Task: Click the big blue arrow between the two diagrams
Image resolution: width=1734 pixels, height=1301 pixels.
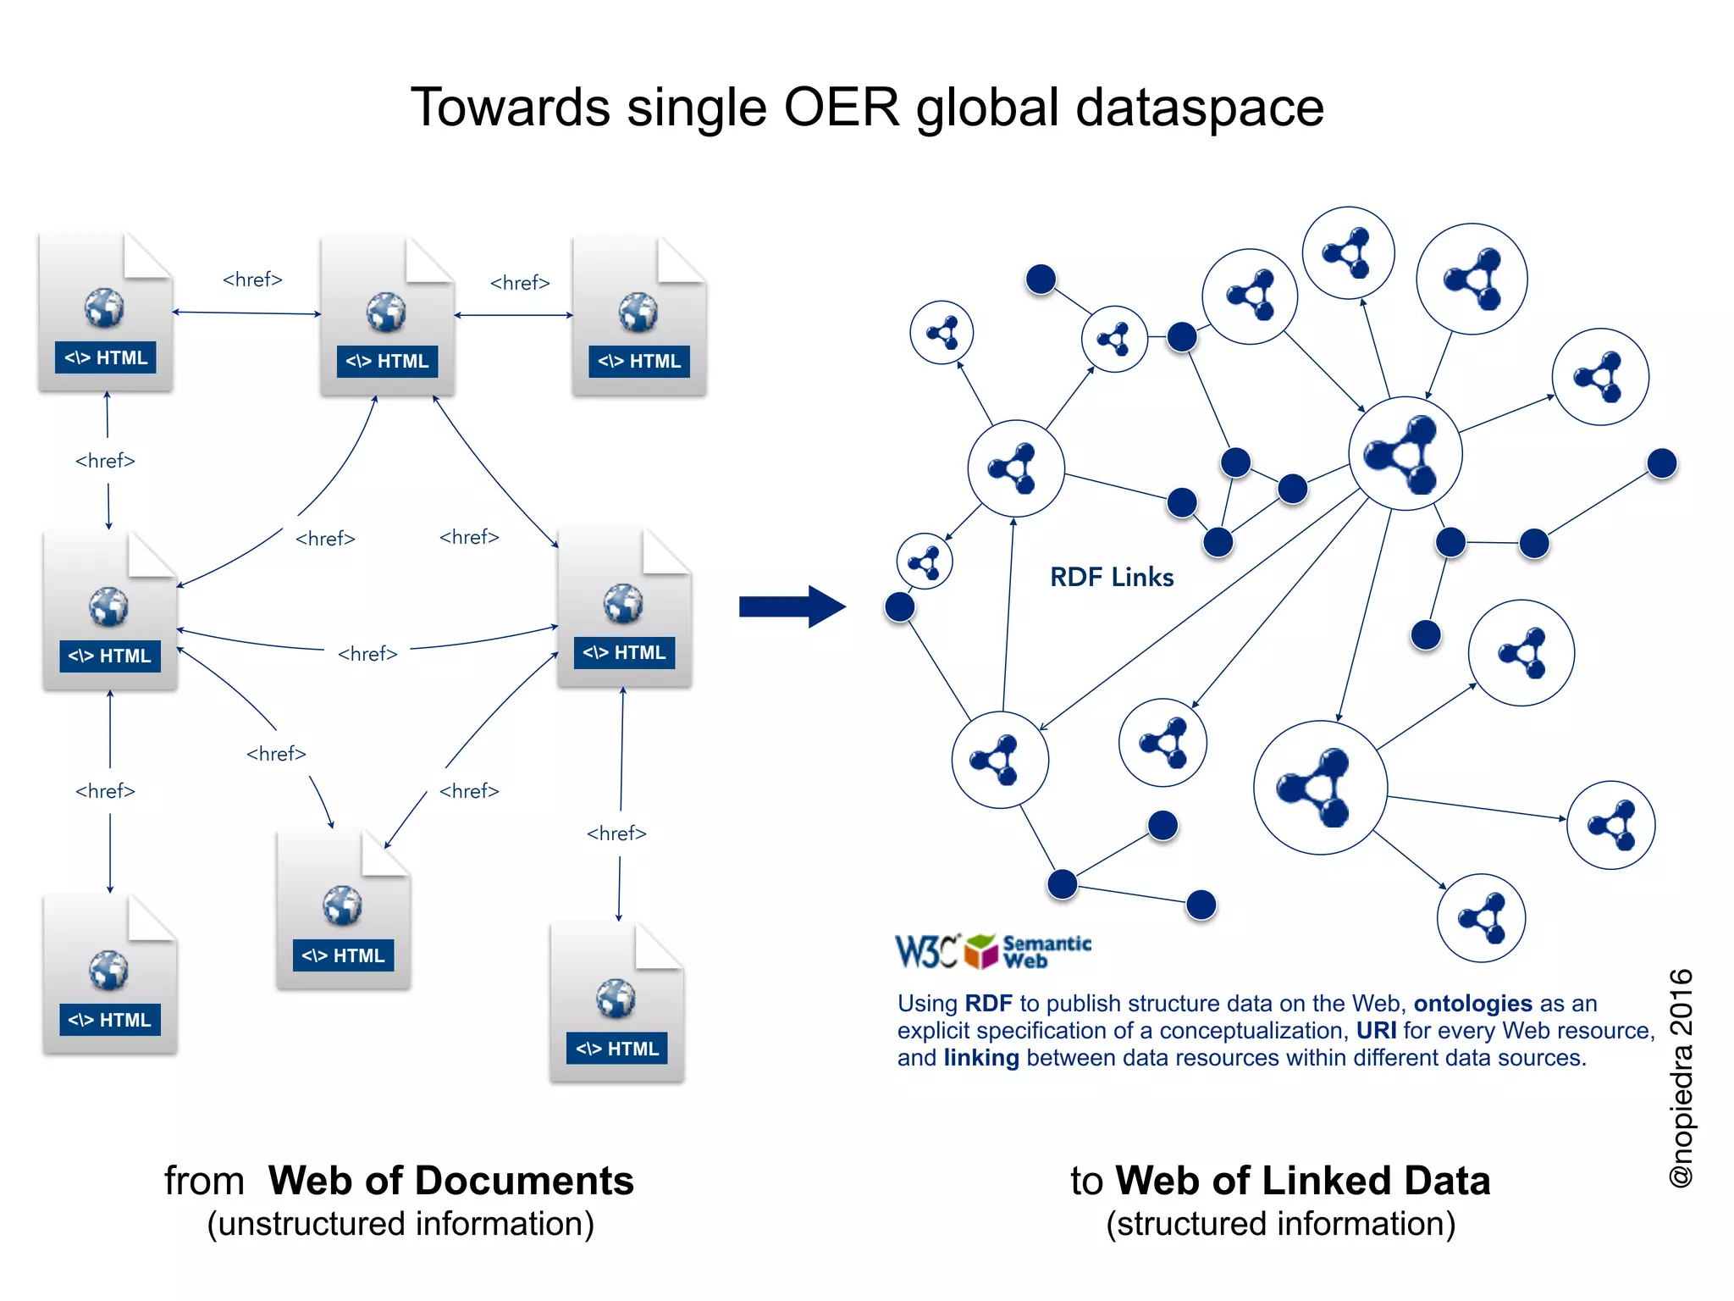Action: [792, 606]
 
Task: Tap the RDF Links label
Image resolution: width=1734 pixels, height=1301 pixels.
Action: [1111, 578]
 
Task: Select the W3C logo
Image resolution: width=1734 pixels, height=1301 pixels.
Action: [927, 951]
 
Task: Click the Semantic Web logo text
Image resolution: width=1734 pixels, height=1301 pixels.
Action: [1046, 952]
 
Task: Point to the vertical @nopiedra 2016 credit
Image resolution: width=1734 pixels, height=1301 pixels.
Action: [1681, 1077]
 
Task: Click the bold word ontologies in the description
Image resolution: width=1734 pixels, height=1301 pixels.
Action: [1472, 1004]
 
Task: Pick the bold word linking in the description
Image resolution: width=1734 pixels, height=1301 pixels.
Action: [980, 1058]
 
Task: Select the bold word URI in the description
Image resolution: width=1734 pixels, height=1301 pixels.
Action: [1376, 1031]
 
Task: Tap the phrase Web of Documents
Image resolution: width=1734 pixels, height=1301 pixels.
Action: [450, 1181]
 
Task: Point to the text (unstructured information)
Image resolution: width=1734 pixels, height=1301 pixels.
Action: [400, 1225]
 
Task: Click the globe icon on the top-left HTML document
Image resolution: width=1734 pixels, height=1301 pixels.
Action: [104, 308]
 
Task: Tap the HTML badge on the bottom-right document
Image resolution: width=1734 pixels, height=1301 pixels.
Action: [617, 1049]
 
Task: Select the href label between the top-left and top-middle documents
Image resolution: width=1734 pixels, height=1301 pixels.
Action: [252, 280]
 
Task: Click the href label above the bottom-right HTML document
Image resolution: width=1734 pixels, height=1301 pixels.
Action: [616, 833]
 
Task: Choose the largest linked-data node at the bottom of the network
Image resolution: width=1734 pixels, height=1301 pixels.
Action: [1320, 788]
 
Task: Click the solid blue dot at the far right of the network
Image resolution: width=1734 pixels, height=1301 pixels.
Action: [1662, 463]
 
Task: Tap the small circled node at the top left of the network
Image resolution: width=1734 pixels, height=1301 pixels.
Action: [942, 332]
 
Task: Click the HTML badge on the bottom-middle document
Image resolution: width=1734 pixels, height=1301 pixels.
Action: [343, 955]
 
